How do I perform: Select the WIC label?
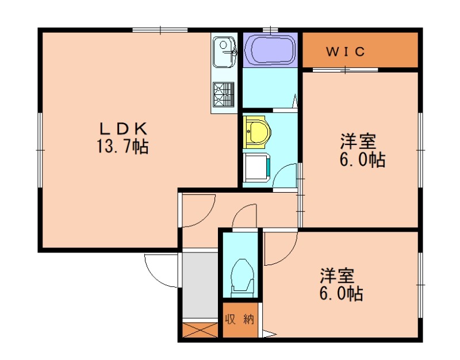(x=346, y=52)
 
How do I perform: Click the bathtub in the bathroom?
(x=269, y=50)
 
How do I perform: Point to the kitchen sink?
(x=224, y=51)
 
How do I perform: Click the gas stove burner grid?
(x=224, y=94)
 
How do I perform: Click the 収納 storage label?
(x=240, y=320)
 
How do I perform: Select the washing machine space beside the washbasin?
(x=256, y=167)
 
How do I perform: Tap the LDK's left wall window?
(x=40, y=150)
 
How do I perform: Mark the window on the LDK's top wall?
(x=160, y=30)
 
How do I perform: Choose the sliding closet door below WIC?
(x=345, y=70)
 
